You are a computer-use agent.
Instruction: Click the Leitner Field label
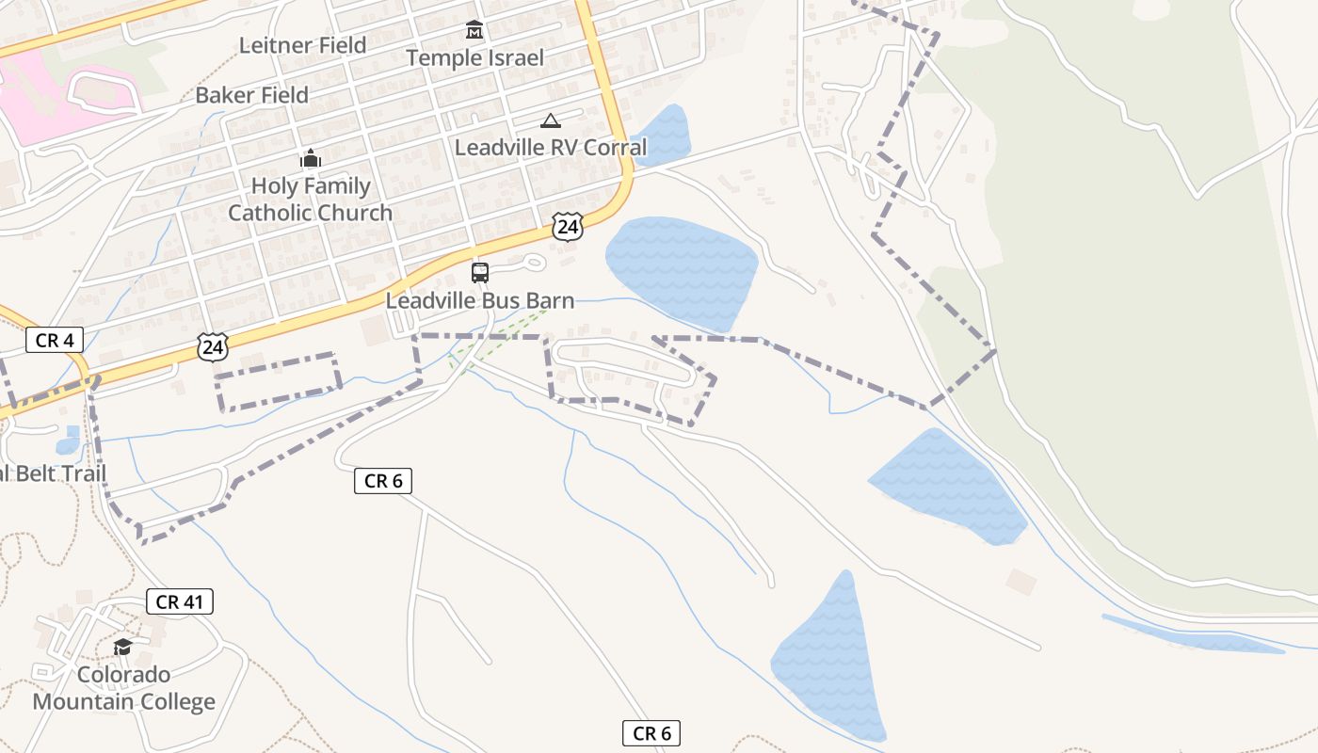pyautogui.click(x=302, y=45)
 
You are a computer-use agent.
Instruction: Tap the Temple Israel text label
pyautogui.click(x=474, y=58)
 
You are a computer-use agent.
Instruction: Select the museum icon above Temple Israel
pyautogui.click(x=474, y=31)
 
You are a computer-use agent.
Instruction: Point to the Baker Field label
pyautogui.click(x=251, y=95)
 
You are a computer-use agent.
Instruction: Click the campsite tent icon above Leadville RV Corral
pyautogui.click(x=551, y=120)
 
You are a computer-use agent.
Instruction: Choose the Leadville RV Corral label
pyautogui.click(x=551, y=148)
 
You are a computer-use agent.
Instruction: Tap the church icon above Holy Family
pyautogui.click(x=311, y=158)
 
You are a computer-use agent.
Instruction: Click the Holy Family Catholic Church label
pyautogui.click(x=311, y=200)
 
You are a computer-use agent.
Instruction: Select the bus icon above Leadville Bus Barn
pyautogui.click(x=480, y=273)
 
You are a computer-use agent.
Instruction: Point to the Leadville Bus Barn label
pyautogui.click(x=480, y=301)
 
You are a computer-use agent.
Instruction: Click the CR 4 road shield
pyautogui.click(x=56, y=340)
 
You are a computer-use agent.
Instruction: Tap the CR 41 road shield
pyautogui.click(x=180, y=602)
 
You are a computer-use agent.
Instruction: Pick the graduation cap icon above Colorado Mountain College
pyautogui.click(x=123, y=647)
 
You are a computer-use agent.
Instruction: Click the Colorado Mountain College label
pyautogui.click(x=123, y=688)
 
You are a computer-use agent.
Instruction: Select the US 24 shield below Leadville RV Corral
pyautogui.click(x=567, y=227)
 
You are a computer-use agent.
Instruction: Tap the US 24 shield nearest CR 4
pyautogui.click(x=214, y=347)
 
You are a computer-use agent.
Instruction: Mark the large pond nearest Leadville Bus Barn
pyautogui.click(x=682, y=269)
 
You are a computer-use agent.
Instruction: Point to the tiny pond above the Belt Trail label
pyautogui.click(x=69, y=440)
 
